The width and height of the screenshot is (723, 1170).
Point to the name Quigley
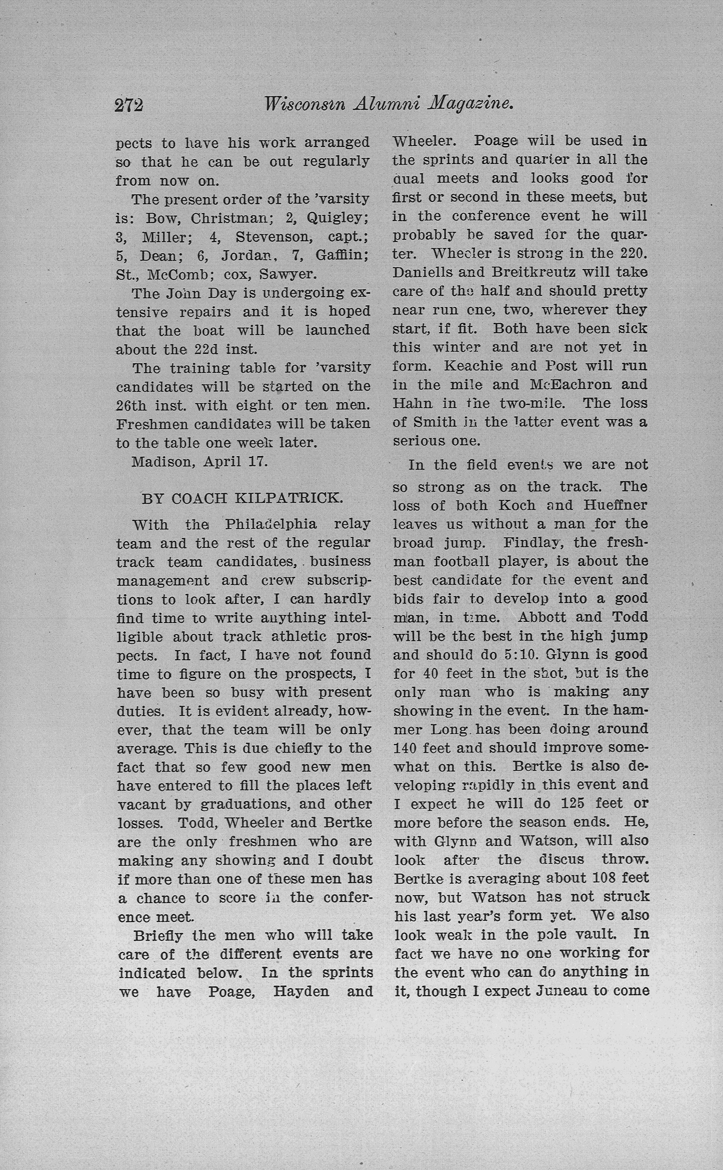[x=338, y=218]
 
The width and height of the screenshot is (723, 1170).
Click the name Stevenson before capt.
[x=272, y=237]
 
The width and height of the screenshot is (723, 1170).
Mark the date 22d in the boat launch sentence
[x=206, y=349]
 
